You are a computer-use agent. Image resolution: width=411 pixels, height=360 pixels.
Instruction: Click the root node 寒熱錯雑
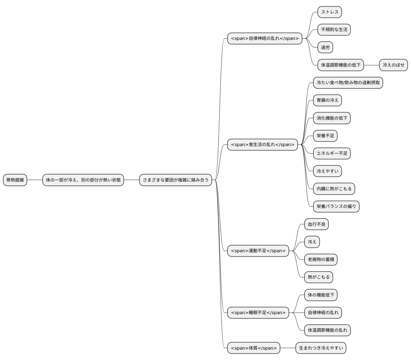click(x=15, y=180)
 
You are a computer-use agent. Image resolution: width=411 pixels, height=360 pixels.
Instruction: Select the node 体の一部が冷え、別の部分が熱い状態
click(x=83, y=180)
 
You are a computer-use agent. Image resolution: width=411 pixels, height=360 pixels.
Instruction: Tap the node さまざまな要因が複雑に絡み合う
click(x=175, y=180)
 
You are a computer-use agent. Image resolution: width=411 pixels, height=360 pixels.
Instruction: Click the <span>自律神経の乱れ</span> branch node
click(x=264, y=38)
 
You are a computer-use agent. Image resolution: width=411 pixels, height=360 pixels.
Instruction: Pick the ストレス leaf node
click(x=330, y=12)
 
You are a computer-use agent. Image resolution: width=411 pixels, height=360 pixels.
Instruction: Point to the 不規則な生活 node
click(x=334, y=30)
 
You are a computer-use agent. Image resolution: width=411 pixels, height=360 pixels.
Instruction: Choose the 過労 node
click(x=325, y=47)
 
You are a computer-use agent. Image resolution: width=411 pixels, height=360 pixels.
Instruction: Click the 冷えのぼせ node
click(x=393, y=65)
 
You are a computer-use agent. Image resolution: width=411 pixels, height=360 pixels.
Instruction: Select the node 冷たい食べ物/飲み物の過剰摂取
click(x=348, y=83)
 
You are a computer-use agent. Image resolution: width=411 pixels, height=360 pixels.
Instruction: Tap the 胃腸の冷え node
click(x=327, y=100)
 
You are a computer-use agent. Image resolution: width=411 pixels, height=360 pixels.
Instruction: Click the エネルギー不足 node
click(x=332, y=153)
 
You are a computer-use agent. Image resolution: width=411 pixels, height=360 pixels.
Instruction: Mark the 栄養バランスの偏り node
click(x=336, y=207)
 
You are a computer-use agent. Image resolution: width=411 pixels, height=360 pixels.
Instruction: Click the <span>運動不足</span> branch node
click(x=258, y=251)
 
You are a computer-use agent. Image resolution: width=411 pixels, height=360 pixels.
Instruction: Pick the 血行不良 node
click(x=316, y=224)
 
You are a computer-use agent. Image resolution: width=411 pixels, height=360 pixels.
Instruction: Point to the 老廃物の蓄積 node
click(x=321, y=260)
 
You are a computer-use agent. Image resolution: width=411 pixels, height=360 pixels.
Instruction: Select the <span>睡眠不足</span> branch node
click(x=258, y=313)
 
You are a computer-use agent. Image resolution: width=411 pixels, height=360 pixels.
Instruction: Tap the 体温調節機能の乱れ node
click(x=327, y=330)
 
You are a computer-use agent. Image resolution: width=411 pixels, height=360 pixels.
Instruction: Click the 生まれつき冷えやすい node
click(x=321, y=348)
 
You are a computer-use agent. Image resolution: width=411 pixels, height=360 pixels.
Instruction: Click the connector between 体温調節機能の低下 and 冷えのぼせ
click(x=371, y=65)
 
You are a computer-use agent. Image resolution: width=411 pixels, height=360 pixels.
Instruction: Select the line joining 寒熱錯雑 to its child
click(x=35, y=180)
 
